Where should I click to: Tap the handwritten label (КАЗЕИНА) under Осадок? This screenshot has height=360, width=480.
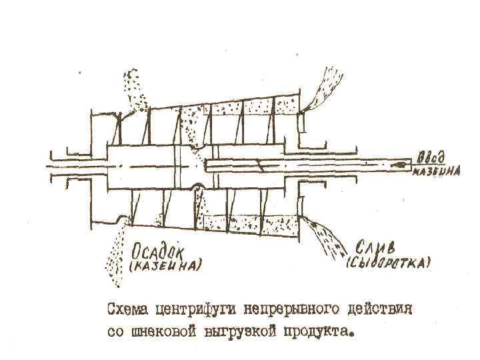(165, 267)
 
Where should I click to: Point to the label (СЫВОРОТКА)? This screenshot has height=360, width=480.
(389, 262)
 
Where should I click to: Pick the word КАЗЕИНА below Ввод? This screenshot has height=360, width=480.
(437, 171)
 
